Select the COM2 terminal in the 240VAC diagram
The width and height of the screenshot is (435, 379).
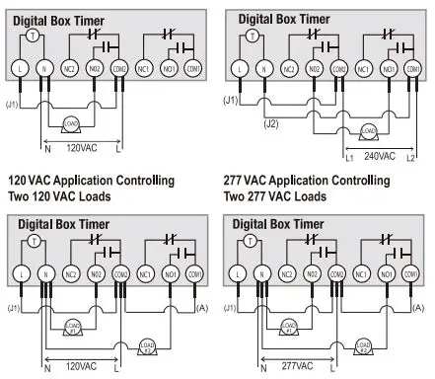tap(338, 69)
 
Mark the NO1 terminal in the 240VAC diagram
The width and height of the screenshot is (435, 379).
tap(389, 69)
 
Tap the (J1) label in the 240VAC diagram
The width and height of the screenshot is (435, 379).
tap(231, 100)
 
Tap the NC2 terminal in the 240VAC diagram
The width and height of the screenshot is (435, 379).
tap(288, 69)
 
